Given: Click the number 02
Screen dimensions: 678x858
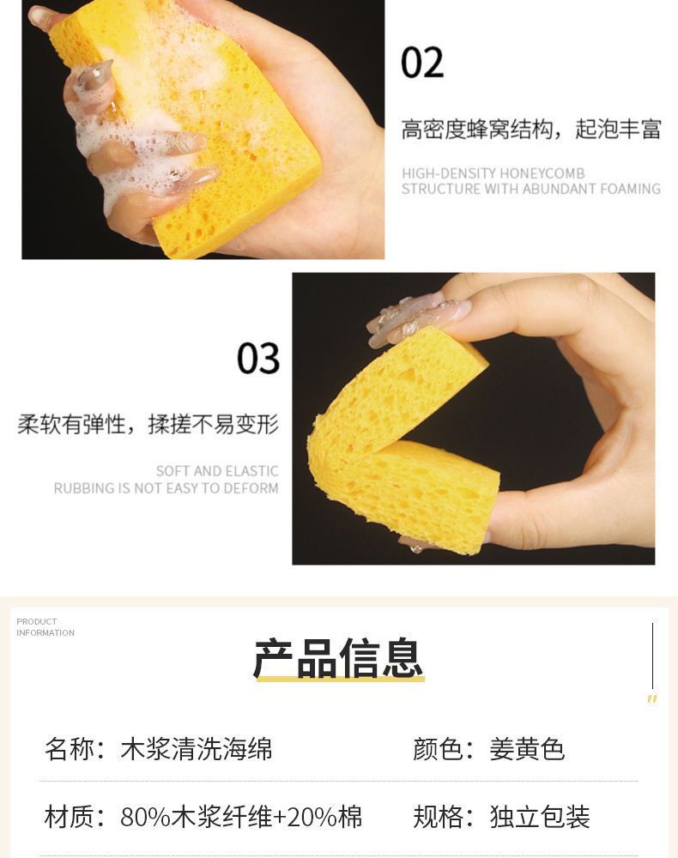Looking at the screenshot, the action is click(422, 63).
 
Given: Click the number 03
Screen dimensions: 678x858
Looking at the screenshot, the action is click(258, 359).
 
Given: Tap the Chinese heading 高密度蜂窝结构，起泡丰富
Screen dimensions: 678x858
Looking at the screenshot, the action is click(530, 130).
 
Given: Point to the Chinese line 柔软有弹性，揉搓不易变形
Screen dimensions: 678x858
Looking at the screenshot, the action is click(148, 424).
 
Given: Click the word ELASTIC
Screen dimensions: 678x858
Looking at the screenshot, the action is click(251, 471).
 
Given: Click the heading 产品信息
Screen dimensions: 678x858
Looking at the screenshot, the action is click(338, 657).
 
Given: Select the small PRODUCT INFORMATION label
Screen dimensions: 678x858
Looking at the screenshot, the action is click(45, 627).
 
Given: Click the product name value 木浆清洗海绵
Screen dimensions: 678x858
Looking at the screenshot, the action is click(196, 749).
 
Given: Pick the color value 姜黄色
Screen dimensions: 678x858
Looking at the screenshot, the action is click(527, 749).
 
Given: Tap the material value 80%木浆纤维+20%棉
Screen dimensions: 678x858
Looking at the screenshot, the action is click(241, 817).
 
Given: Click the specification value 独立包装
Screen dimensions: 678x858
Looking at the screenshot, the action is click(540, 817).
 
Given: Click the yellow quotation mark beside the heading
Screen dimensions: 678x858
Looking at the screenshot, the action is click(651, 698).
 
